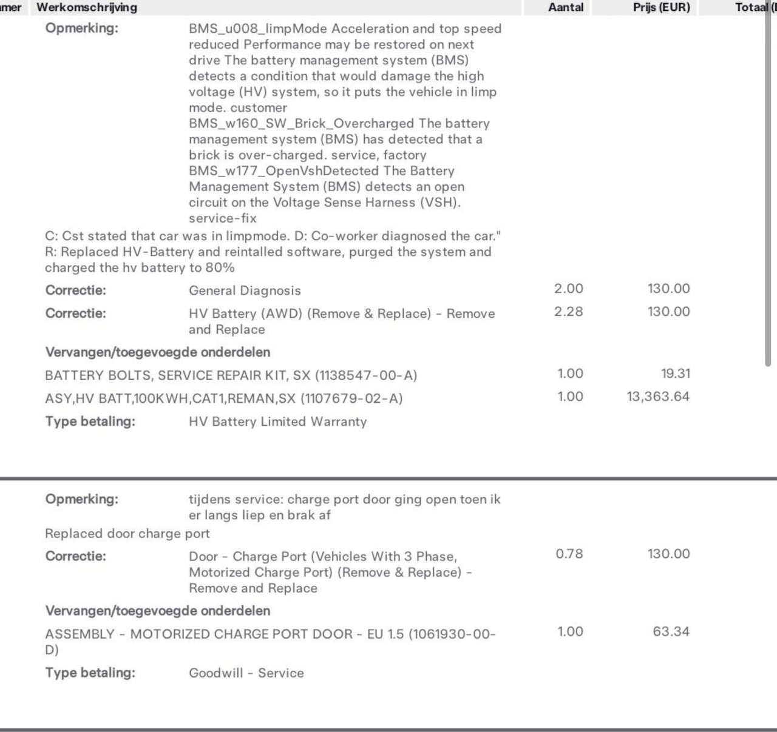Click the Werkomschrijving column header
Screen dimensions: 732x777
[x=87, y=7]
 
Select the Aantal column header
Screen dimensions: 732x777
[x=566, y=7]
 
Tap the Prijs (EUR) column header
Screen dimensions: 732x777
[x=661, y=7]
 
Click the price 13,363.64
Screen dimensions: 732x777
[x=658, y=397]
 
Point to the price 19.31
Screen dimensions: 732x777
[x=676, y=374]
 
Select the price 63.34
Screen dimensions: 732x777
[x=671, y=631]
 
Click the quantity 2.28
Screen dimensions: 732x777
[x=568, y=312]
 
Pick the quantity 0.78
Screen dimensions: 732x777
[x=569, y=554]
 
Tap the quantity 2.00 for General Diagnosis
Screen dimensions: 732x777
[x=568, y=289]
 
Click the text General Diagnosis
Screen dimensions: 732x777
[x=245, y=290]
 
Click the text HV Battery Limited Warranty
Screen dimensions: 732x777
[x=277, y=421]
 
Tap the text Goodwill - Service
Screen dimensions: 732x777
[x=246, y=673]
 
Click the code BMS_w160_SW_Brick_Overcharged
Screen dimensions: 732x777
[x=301, y=124]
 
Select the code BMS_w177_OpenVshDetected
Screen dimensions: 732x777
[x=283, y=171]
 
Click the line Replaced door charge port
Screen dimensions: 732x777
[x=127, y=534]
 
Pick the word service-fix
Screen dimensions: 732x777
[x=223, y=218]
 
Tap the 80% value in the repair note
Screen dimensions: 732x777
[x=220, y=268]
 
